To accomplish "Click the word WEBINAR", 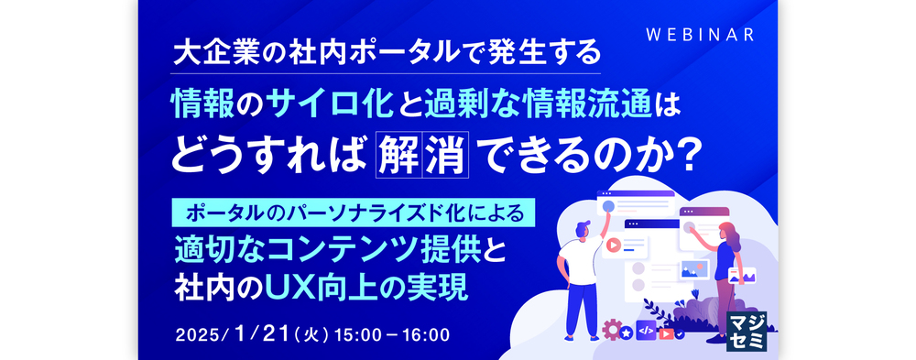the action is pos(701,35).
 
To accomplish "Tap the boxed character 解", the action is pos(398,155).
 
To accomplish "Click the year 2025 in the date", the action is pos(196,335).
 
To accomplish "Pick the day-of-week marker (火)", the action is pos(311,335).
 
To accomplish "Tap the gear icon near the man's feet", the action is pos(611,330).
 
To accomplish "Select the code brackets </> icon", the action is pos(646,331).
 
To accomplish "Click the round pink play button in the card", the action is pos(613,245).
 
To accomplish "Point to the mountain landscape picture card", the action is pos(694,269).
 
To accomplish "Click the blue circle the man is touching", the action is pos(607,206).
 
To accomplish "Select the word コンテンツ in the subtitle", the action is pos(332,253).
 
